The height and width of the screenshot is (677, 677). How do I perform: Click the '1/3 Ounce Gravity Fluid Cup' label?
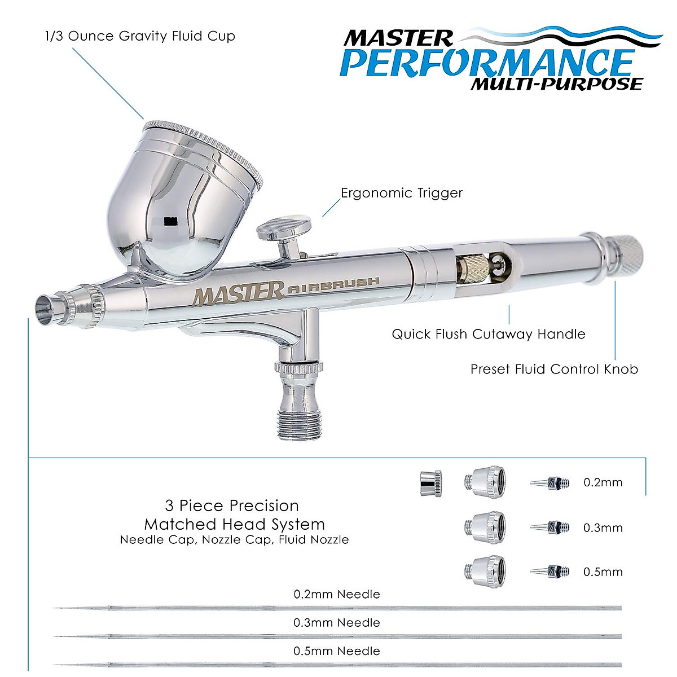pyautogui.click(x=139, y=37)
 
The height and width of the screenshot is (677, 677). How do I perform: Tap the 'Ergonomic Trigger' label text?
pyautogui.click(x=401, y=193)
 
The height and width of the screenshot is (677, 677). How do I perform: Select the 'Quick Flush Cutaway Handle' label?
pyautogui.click(x=488, y=334)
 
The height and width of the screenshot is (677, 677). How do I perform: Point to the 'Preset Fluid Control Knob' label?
pyautogui.click(x=554, y=369)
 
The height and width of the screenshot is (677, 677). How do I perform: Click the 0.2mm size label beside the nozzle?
pyautogui.click(x=603, y=482)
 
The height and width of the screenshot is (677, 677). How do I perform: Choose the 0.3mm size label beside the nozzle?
pyautogui.click(x=603, y=528)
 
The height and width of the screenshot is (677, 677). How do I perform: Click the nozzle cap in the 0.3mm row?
pyautogui.click(x=485, y=527)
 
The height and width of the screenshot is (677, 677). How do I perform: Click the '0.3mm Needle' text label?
pyautogui.click(x=336, y=623)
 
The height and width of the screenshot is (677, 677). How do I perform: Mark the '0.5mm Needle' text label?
pyautogui.click(x=336, y=651)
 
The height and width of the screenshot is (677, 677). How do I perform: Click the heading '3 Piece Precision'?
pyautogui.click(x=231, y=505)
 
